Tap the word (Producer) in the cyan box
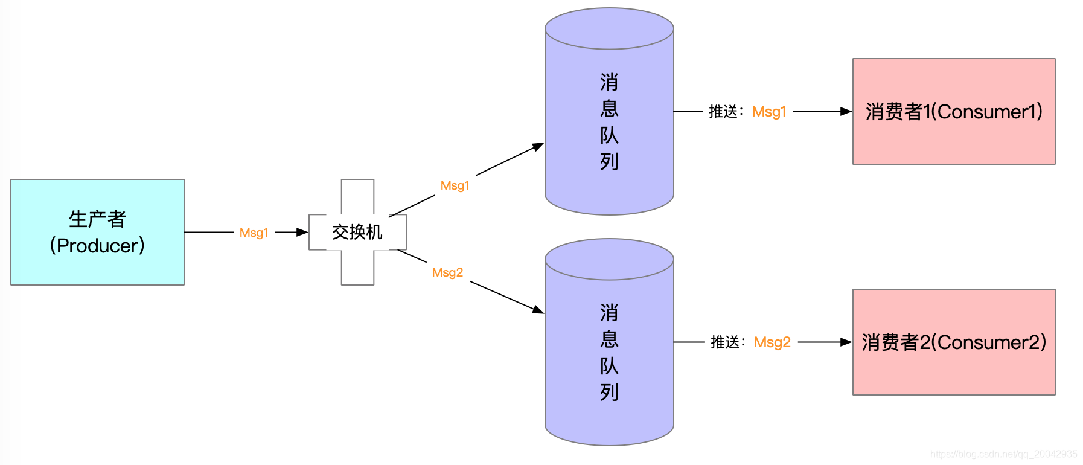point(97,246)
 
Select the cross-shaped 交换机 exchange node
point(357,232)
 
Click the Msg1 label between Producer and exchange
point(254,232)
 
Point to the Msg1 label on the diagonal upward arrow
point(455,185)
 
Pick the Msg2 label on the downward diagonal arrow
point(447,272)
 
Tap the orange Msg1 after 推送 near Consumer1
point(769,112)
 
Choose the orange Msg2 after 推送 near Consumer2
point(772,342)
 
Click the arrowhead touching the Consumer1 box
point(846,112)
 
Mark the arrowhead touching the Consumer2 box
point(846,342)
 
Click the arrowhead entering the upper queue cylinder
point(538,146)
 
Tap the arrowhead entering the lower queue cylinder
point(538,310)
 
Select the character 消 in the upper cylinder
point(609,82)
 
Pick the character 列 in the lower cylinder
point(609,393)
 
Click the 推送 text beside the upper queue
point(723,112)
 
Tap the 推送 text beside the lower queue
point(725,342)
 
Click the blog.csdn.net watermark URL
point(1003,454)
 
